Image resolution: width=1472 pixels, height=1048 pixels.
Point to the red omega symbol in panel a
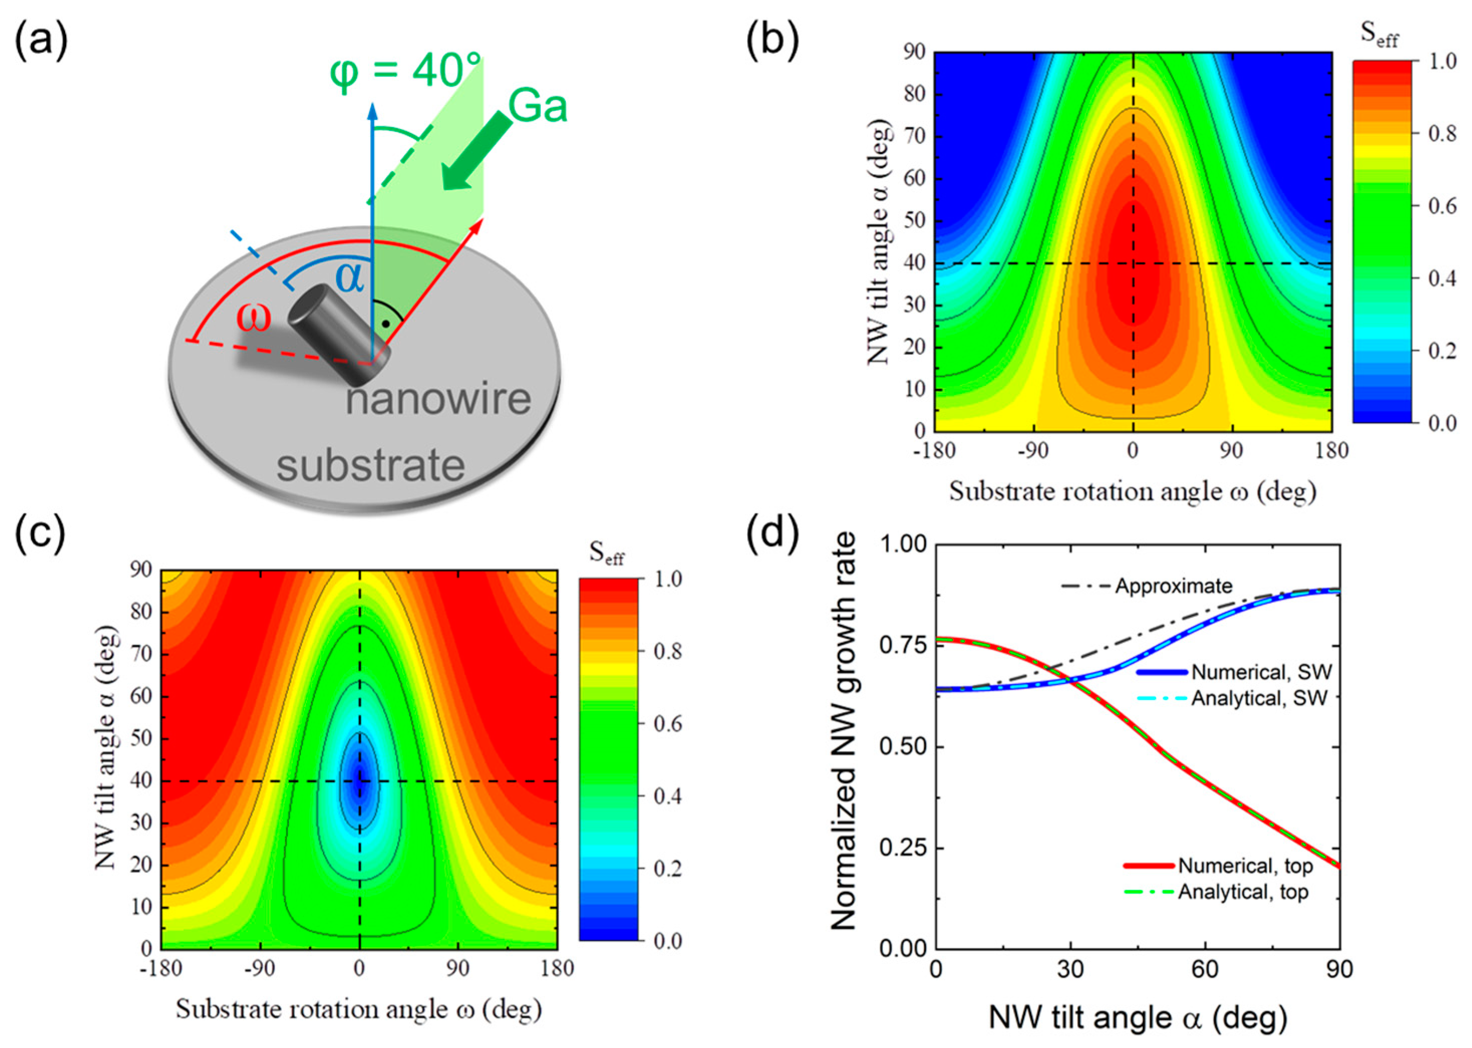tap(253, 318)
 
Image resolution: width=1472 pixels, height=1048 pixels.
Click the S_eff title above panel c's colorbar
tap(606, 553)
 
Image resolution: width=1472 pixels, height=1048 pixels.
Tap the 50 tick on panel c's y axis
tap(140, 739)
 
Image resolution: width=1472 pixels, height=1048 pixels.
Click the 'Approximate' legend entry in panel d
tap(1173, 586)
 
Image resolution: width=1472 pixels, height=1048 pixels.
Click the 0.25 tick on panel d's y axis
tap(902, 848)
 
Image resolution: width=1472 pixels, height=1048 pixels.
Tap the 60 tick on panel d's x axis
tap(1205, 969)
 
